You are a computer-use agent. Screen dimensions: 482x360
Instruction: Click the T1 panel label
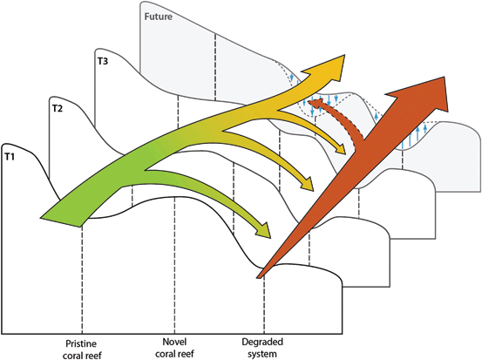coord(10,157)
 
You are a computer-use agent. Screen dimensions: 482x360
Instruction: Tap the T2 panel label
coord(58,108)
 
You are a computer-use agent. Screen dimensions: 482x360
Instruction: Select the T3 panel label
coord(103,62)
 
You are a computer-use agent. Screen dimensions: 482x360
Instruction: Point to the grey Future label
coord(159,17)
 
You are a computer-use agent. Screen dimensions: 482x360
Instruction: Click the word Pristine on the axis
coord(81,343)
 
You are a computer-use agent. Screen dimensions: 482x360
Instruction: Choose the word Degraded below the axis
coord(262,342)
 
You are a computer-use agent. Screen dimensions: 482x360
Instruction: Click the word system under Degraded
coord(262,354)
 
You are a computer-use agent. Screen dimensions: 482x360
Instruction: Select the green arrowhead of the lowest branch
coord(264,231)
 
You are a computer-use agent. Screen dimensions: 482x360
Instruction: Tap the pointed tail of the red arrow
coord(258,277)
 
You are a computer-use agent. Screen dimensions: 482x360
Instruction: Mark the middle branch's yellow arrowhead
coord(309,185)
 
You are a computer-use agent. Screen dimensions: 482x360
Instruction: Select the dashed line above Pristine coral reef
coord(82,280)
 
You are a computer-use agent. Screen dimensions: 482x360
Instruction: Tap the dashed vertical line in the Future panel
coord(215,67)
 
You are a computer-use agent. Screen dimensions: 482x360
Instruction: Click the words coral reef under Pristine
coord(82,356)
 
